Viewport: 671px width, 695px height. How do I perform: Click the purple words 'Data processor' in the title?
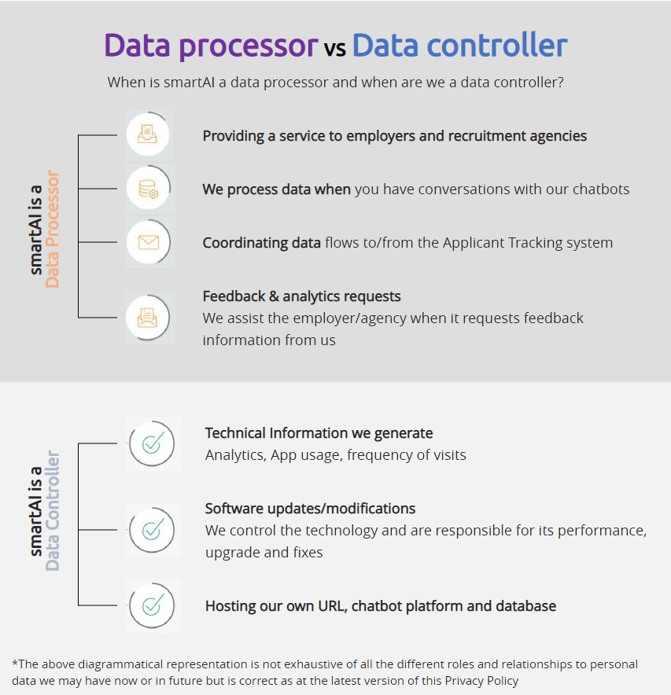pos(211,46)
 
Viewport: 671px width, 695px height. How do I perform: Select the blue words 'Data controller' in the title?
pos(459,46)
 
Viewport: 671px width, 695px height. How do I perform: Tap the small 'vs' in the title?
pos(334,49)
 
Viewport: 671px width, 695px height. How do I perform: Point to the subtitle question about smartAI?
pos(335,82)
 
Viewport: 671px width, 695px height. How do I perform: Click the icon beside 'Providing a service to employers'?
pos(149,135)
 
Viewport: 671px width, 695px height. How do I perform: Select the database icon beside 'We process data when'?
pos(149,189)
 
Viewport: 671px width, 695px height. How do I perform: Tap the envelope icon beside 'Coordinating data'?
pos(149,242)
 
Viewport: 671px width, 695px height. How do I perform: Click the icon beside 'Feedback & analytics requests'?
pos(149,318)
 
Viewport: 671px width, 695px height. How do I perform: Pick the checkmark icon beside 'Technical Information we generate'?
pos(153,443)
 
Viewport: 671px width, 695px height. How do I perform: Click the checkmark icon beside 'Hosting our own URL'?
pos(153,605)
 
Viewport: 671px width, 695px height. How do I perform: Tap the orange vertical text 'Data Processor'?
pos(53,230)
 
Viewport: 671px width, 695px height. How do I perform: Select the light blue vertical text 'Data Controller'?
pos(53,510)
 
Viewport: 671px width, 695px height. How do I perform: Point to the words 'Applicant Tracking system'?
pos(527,243)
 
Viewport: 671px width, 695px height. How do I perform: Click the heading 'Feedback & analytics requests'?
pos(302,296)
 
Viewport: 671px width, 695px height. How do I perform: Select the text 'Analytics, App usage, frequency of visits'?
pos(336,454)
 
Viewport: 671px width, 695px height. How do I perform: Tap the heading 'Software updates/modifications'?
pos(310,509)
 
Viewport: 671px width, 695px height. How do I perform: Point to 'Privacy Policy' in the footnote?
pos(481,681)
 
